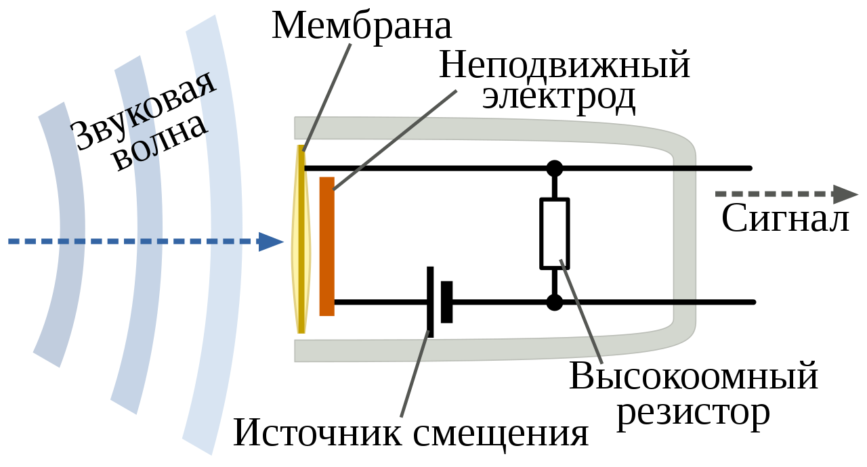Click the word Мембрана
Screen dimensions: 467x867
click(362, 26)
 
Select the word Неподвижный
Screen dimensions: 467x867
click(564, 66)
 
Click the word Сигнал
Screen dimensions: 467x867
click(785, 218)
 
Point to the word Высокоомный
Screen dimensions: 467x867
click(694, 377)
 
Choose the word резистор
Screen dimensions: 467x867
click(694, 412)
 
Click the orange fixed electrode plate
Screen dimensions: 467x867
click(326, 246)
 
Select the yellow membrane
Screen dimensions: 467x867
click(301, 240)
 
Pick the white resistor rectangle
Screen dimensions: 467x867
click(554, 233)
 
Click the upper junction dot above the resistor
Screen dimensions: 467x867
click(554, 168)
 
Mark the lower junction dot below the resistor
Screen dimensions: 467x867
click(554, 302)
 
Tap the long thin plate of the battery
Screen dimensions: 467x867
click(430, 301)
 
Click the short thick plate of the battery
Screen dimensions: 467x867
click(446, 302)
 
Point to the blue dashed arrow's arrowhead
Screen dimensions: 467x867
click(271, 241)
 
